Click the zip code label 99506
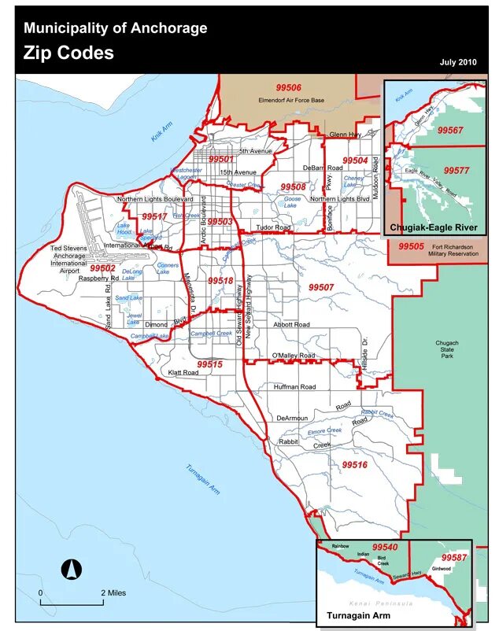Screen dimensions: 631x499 pos(288,87)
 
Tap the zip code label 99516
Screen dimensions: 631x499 pos(354,465)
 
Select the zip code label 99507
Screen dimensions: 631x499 pos(321,287)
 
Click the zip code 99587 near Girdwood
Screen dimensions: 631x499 pos(454,558)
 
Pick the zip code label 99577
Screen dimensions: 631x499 pos(456,170)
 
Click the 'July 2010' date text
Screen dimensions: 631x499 pos(458,61)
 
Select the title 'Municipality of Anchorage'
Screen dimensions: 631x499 pos(116,28)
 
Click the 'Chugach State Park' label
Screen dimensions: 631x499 pos(447,349)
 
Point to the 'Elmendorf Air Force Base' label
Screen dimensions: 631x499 pos(291,100)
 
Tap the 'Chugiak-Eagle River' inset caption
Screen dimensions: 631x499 pos(433,227)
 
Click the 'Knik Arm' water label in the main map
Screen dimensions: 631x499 pos(162,131)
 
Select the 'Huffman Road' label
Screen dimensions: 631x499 pos(294,387)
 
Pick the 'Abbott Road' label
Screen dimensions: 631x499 pos(291,324)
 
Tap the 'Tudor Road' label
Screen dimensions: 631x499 pos(274,227)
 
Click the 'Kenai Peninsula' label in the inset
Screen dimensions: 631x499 pos(384,603)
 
